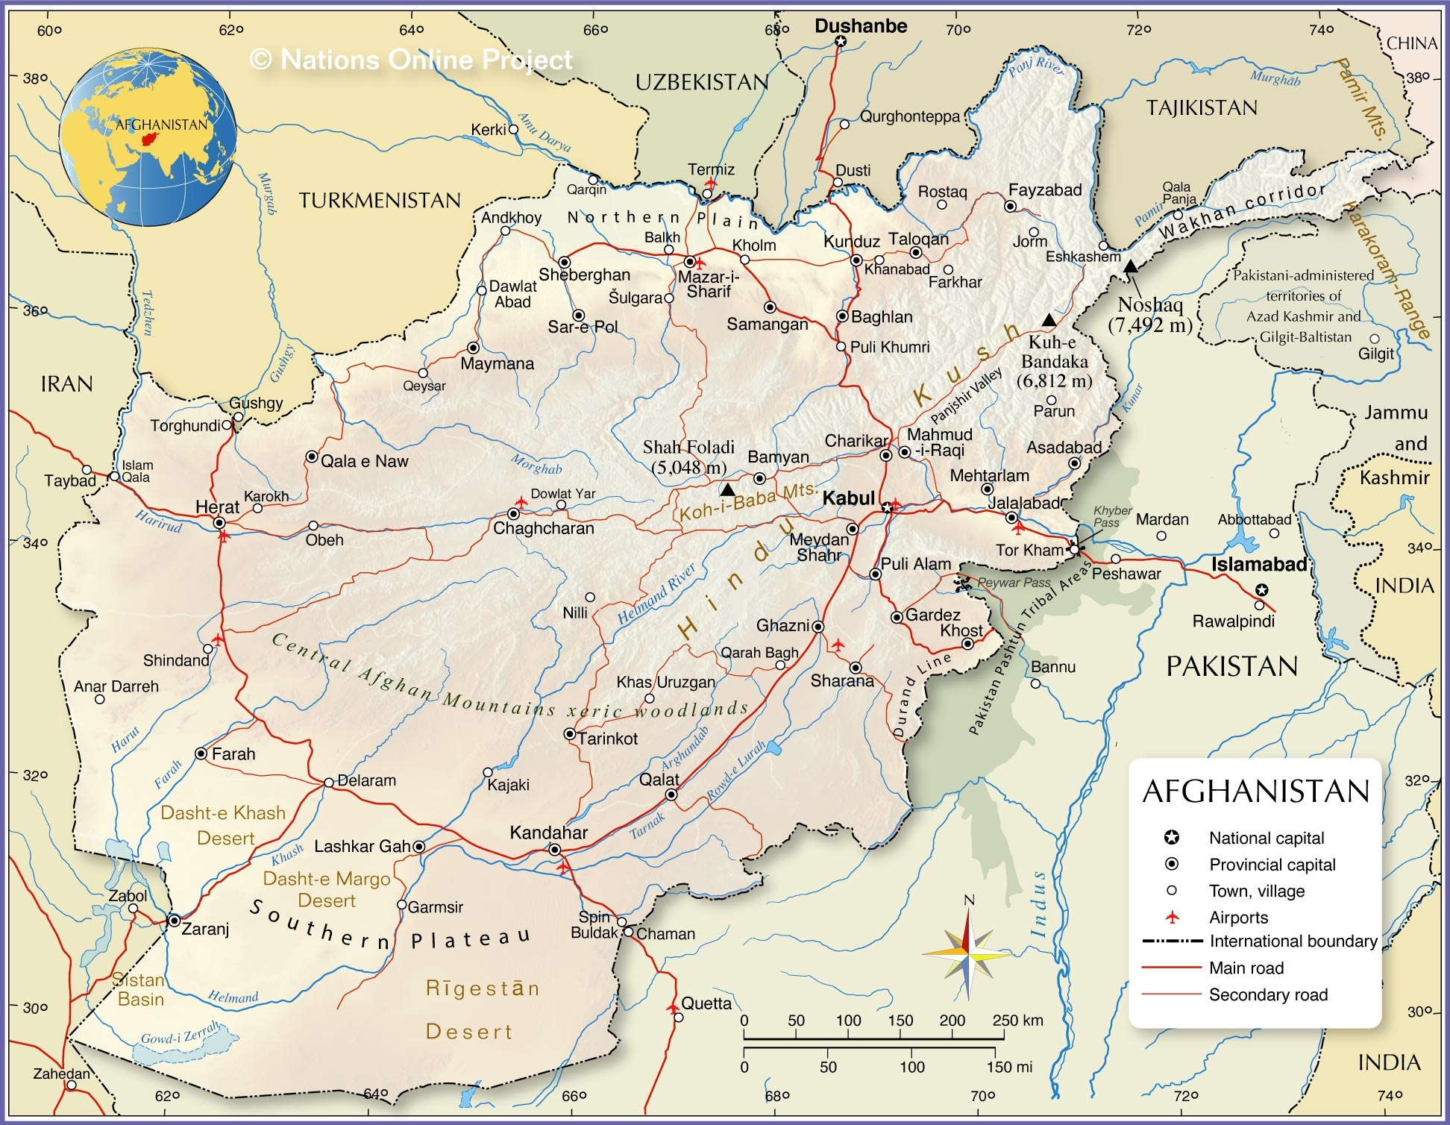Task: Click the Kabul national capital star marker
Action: (x=887, y=507)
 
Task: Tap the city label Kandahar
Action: (x=548, y=833)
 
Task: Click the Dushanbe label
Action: (x=861, y=26)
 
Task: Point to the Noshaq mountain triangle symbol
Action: (x=1131, y=266)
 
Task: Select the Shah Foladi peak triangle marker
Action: (x=727, y=490)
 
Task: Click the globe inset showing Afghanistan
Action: (x=148, y=137)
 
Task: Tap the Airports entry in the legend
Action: (x=1238, y=918)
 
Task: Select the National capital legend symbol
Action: (x=1172, y=838)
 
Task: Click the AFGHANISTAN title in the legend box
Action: (x=1256, y=792)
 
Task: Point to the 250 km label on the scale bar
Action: (x=1017, y=1021)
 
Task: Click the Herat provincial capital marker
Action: (x=219, y=523)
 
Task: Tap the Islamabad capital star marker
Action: (x=1262, y=590)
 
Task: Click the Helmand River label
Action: (x=656, y=593)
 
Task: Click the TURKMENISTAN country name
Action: (x=380, y=201)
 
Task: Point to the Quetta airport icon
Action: (x=674, y=1009)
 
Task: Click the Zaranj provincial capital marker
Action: (x=174, y=921)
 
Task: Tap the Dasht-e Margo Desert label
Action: (x=327, y=889)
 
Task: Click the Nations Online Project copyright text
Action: (x=411, y=60)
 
